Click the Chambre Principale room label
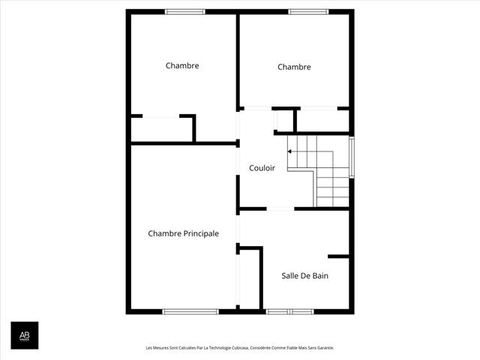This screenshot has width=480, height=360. pyautogui.click(x=183, y=233)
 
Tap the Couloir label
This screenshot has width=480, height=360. pyautogui.click(x=262, y=168)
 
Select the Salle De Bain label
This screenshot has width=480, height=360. pyautogui.click(x=305, y=275)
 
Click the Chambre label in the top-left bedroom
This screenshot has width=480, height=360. pyautogui.click(x=182, y=65)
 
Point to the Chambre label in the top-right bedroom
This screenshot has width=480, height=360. pyautogui.click(x=294, y=67)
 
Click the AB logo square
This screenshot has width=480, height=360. pyautogui.click(x=25, y=335)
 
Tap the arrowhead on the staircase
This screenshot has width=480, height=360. pyautogui.click(x=289, y=151)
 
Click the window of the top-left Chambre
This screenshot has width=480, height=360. pyautogui.click(x=185, y=12)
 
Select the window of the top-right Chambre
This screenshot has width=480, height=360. pyautogui.click(x=308, y=12)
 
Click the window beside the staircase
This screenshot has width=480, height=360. pyautogui.click(x=352, y=157)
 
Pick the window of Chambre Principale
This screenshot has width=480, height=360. pyautogui.click(x=190, y=312)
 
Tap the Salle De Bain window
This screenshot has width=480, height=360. pyautogui.click(x=289, y=312)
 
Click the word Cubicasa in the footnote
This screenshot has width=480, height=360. pyautogui.click(x=240, y=348)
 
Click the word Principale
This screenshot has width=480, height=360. pyautogui.click(x=201, y=233)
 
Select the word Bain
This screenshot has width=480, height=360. pyautogui.click(x=320, y=275)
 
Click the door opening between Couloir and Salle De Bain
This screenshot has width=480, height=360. pyautogui.click(x=280, y=208)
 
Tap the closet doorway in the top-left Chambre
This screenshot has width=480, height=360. pyautogui.click(x=160, y=116)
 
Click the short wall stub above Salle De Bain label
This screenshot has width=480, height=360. pyautogui.click(x=338, y=256)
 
